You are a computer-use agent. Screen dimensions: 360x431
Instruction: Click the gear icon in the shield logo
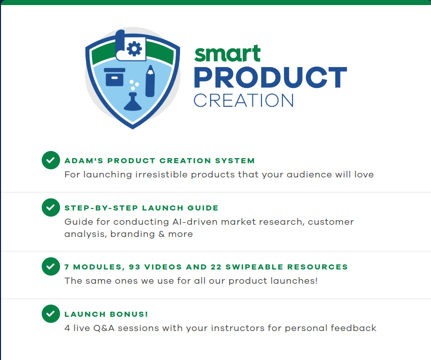(x=134, y=48)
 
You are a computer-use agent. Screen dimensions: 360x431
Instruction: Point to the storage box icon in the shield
(x=115, y=77)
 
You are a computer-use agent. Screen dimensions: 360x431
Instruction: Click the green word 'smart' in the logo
(x=227, y=53)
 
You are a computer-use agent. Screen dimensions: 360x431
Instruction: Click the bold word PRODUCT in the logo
(x=270, y=78)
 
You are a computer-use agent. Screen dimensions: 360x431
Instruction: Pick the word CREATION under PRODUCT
(x=244, y=100)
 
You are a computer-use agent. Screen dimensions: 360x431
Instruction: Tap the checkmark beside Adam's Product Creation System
(x=50, y=160)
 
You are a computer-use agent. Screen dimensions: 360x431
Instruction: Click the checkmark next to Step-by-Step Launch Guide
(x=50, y=207)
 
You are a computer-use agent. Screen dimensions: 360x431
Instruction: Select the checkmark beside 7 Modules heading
(x=50, y=266)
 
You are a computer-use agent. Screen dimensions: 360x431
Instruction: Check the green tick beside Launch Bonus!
(x=50, y=314)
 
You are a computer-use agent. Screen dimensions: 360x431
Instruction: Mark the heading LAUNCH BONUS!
(x=106, y=314)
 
